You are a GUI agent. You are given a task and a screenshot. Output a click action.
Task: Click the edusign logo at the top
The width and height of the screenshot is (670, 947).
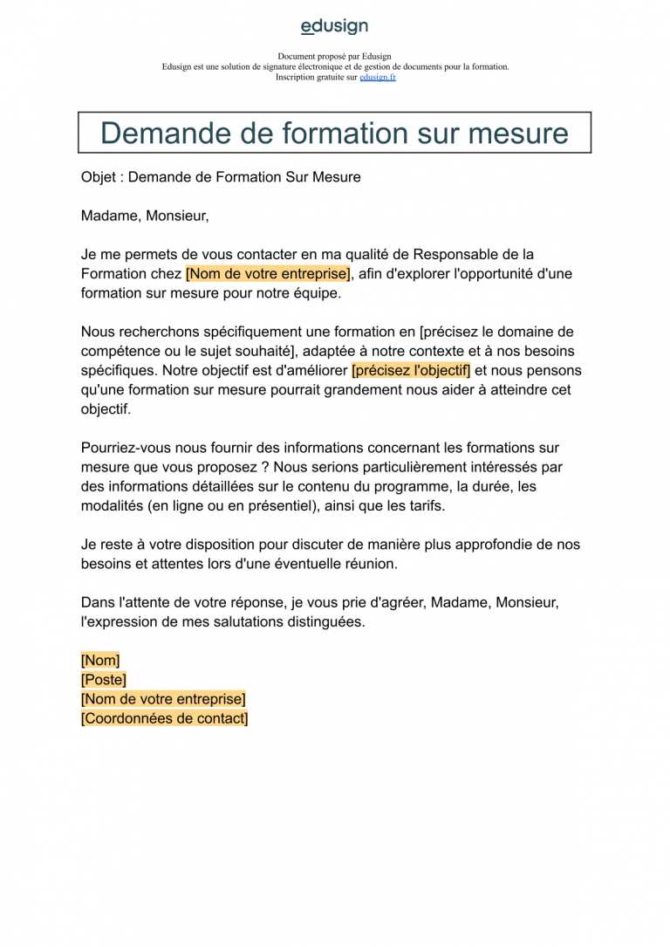(x=334, y=26)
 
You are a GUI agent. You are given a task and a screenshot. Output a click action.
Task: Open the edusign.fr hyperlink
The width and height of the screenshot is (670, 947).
(x=378, y=77)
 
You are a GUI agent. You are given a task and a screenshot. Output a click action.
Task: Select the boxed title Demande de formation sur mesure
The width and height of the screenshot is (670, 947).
(x=334, y=134)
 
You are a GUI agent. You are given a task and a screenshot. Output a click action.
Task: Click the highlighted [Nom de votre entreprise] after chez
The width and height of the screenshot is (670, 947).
(x=268, y=273)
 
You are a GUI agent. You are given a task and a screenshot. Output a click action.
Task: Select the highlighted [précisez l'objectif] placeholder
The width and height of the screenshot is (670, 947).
(x=411, y=370)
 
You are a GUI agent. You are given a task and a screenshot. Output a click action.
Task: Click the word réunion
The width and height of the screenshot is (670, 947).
(x=372, y=564)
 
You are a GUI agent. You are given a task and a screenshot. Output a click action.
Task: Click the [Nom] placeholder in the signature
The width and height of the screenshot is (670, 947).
(x=100, y=661)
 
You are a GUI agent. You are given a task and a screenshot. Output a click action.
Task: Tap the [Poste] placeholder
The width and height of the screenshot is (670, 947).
(x=104, y=680)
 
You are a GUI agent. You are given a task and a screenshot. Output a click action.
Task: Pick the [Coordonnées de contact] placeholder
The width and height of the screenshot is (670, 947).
(x=165, y=719)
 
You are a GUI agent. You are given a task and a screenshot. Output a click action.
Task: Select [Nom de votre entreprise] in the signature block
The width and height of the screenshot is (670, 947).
(x=163, y=699)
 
